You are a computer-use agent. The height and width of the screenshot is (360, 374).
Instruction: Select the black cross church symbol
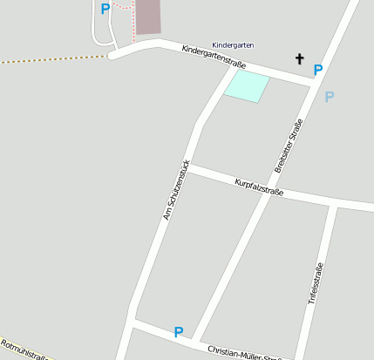pyautogui.click(x=300, y=59)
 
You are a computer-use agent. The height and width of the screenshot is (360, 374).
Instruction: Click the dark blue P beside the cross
pyautogui.click(x=318, y=70)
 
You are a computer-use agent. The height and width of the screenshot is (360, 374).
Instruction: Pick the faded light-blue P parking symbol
pyautogui.click(x=329, y=97)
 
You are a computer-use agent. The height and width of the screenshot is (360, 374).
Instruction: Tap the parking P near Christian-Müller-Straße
pyautogui.click(x=179, y=332)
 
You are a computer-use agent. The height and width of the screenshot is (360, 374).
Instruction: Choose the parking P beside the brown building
pyautogui.click(x=105, y=10)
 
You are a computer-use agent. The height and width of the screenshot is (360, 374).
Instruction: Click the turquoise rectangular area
pyautogui.click(x=248, y=87)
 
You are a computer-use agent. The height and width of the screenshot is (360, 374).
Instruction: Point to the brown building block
pyautogui.click(x=148, y=17)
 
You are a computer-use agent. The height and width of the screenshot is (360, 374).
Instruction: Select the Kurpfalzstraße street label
pyautogui.click(x=259, y=186)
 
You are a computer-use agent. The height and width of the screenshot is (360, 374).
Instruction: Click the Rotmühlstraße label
pyautogui.click(x=24, y=350)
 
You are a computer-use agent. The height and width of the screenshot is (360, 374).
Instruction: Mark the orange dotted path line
pyautogui.click(x=52, y=59)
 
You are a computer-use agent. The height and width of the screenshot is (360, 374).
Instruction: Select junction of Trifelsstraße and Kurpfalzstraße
pyautogui.click(x=332, y=205)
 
